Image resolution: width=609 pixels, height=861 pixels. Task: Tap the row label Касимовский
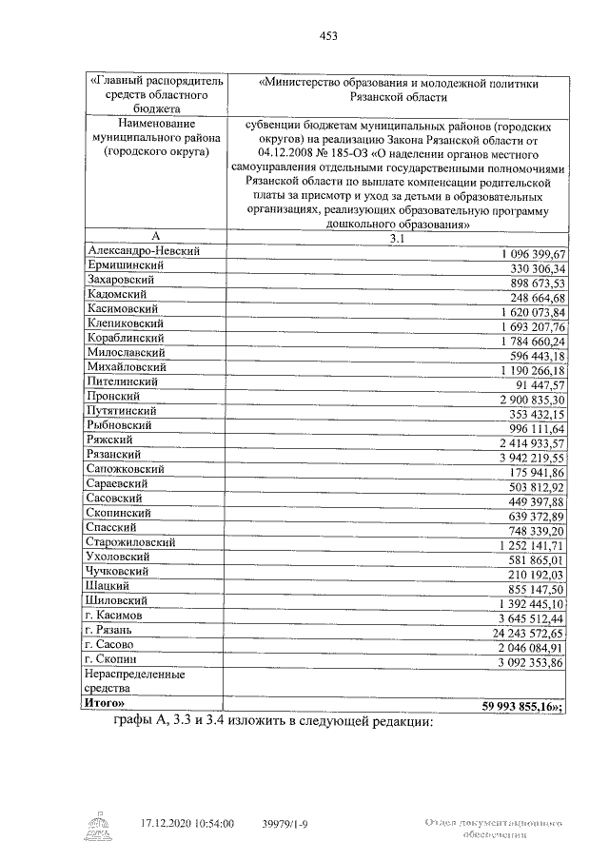[124, 309]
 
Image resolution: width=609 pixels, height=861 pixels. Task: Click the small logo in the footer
[99, 826]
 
